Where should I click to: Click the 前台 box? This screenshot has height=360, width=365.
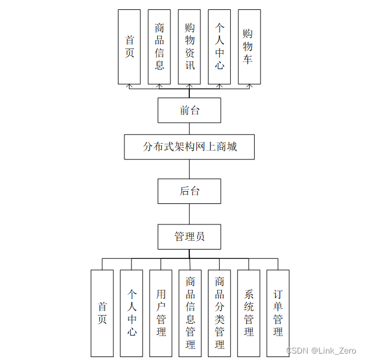pyautogui.click(x=189, y=110)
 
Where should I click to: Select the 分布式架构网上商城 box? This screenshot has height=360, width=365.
pyautogui.click(x=189, y=147)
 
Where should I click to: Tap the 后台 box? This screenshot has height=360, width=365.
pyautogui.click(x=189, y=191)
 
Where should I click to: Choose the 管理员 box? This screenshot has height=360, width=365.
pyautogui.click(x=189, y=237)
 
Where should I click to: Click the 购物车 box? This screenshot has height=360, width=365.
pyautogui.click(x=249, y=47)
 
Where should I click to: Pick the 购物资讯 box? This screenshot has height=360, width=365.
pyautogui.click(x=189, y=47)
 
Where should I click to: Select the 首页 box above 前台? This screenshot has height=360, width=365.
pyautogui.click(x=129, y=47)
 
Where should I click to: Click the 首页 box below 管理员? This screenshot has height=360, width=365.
pyautogui.click(x=102, y=313)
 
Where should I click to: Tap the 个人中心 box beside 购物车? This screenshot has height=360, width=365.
pyautogui.click(x=219, y=47)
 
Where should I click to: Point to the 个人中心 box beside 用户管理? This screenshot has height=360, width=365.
pyautogui.click(x=131, y=313)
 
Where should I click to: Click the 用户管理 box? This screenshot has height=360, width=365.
pyautogui.click(x=161, y=313)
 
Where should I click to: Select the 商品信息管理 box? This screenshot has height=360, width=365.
pyautogui.click(x=190, y=313)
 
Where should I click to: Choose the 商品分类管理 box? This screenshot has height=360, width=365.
pyautogui.click(x=219, y=313)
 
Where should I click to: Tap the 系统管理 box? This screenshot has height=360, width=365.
pyautogui.click(x=249, y=313)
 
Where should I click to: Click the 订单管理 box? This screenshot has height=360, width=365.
pyautogui.click(x=278, y=313)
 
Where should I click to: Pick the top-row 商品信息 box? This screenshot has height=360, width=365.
pyautogui.click(x=159, y=47)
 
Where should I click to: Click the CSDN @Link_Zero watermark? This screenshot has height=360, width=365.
pyautogui.click(x=321, y=350)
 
